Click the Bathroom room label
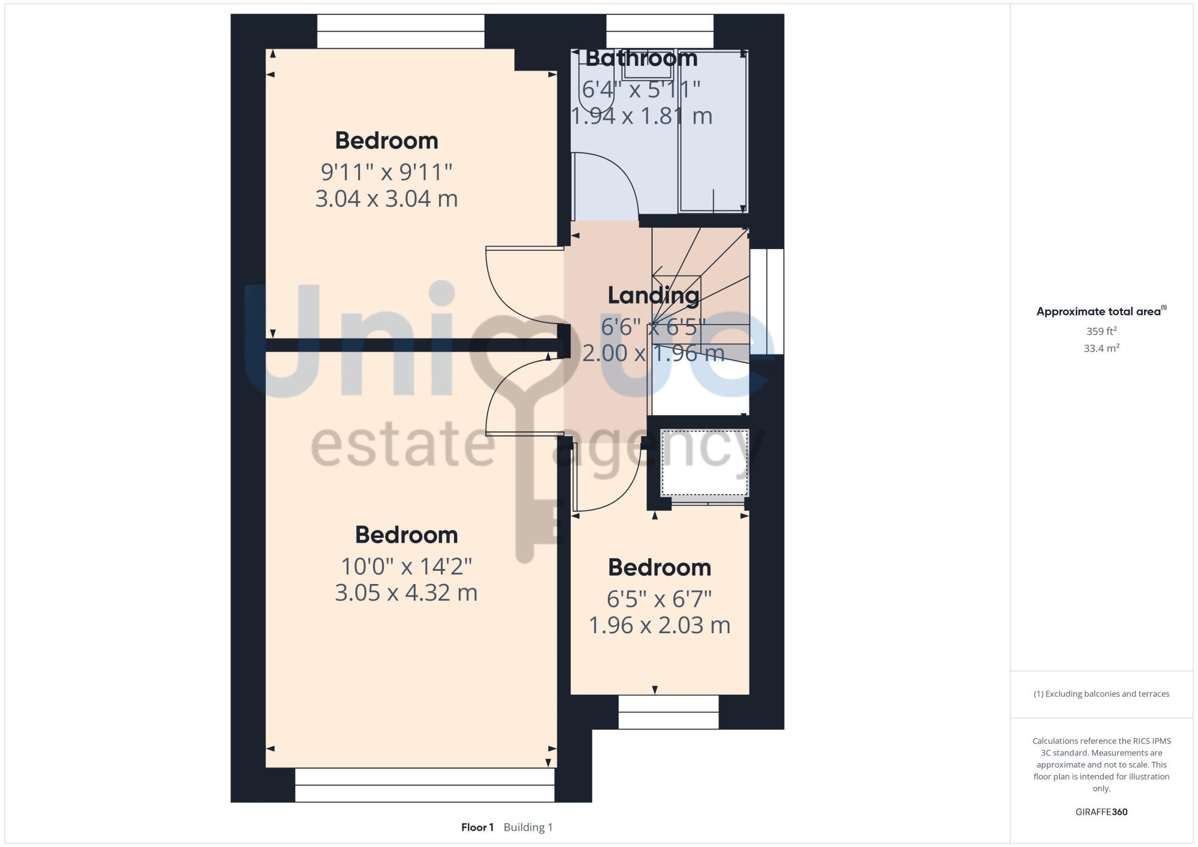tap(641, 58)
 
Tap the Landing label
tap(653, 295)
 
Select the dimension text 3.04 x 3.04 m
tap(386, 199)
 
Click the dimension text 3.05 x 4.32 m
tap(406, 593)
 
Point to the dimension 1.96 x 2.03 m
tap(659, 625)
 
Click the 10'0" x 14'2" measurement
tap(406, 566)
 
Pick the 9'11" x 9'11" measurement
tap(386, 172)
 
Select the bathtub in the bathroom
tap(713, 132)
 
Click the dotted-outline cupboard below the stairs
tap(704, 462)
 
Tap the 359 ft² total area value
tap(1101, 331)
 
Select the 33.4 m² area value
tap(1101, 348)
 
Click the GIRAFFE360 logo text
tap(1101, 812)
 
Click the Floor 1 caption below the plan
tap(477, 827)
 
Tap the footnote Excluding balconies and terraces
tap(1101, 694)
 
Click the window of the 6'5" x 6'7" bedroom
tap(668, 712)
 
